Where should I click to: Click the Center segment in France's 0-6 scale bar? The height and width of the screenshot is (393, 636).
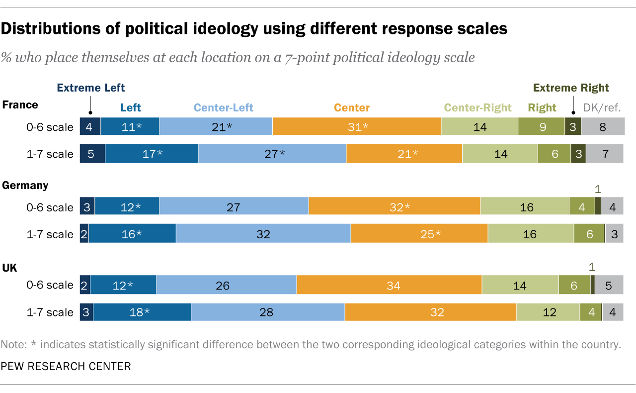[x=356, y=127]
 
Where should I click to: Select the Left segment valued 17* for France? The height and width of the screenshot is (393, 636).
[x=152, y=154]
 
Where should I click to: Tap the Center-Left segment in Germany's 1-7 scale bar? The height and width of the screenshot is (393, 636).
[x=263, y=234]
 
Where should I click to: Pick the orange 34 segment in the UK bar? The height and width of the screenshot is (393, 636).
[x=389, y=285]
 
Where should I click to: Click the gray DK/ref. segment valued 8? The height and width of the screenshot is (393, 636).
[x=602, y=127]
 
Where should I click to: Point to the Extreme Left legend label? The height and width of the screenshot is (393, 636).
[x=91, y=88]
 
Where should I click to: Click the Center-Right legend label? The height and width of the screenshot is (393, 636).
[x=477, y=107]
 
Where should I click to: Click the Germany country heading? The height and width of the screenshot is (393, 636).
[x=25, y=186]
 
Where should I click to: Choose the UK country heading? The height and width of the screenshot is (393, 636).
[x=10, y=268]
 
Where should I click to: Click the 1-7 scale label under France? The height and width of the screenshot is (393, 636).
[x=50, y=154]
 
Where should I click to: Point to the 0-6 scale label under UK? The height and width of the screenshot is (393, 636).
[x=50, y=285]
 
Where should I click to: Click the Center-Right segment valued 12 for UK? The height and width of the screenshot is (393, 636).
[x=548, y=312]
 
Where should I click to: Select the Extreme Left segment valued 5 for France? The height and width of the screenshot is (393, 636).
[x=92, y=154]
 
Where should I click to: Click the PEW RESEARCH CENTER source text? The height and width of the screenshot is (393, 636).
[x=66, y=367]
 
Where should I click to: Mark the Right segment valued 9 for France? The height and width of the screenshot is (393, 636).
[x=541, y=127]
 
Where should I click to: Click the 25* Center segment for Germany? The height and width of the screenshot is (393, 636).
[x=419, y=234]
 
